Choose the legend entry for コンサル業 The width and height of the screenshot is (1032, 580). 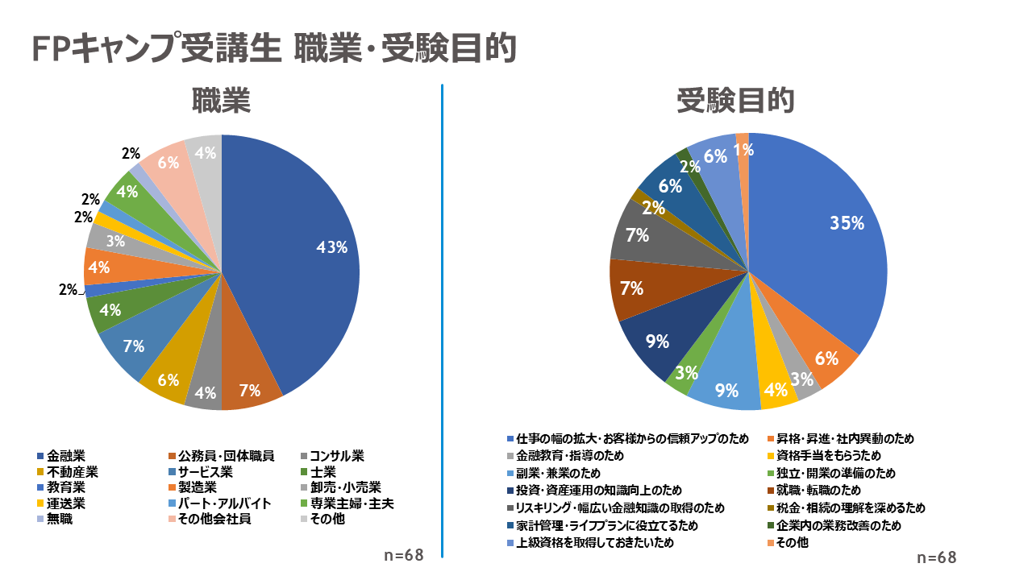coord(337,457)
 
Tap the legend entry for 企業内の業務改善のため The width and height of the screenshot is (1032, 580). coord(838,525)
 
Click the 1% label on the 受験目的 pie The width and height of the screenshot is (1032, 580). coord(744,149)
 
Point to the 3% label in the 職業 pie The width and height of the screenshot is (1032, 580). coord(115,241)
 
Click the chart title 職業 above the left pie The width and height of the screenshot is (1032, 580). coord(221,101)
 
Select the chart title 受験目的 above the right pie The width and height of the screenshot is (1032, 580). coord(736,101)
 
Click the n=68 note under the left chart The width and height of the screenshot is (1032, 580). coord(403,555)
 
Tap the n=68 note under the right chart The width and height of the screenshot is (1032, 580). coord(936,557)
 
